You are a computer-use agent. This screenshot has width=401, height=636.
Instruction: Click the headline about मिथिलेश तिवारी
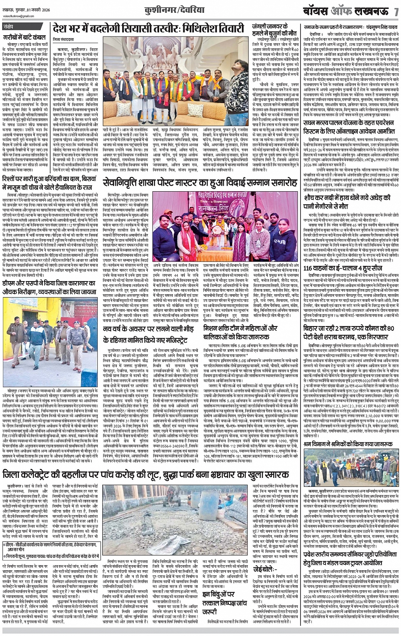click(148, 29)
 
